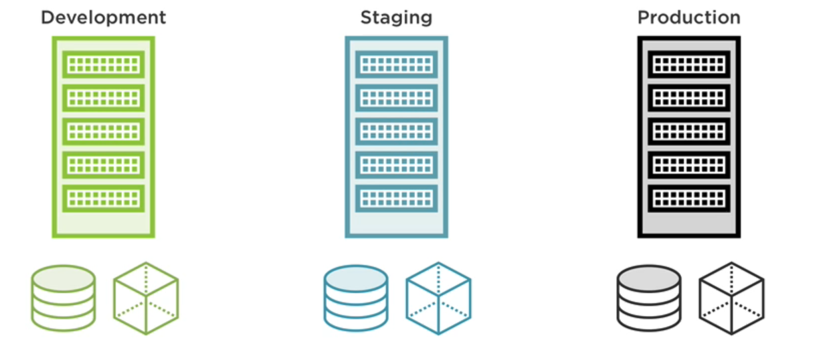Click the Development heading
click(x=103, y=17)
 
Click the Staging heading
click(x=396, y=17)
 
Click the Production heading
click(x=688, y=17)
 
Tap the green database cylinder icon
click(x=63, y=298)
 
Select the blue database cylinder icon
click(x=356, y=298)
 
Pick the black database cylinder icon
click(x=648, y=298)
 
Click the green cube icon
click(x=146, y=298)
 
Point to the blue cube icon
click(x=438, y=298)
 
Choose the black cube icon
click(x=731, y=298)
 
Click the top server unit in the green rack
click(x=104, y=64)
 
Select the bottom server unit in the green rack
click(x=104, y=199)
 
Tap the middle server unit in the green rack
click(x=104, y=131)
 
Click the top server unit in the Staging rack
click(x=396, y=64)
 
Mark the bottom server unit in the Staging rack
click(x=396, y=199)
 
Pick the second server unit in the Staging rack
click(x=396, y=98)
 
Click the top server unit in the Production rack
click(x=688, y=64)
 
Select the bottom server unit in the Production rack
click(x=688, y=199)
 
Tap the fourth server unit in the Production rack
click(x=688, y=165)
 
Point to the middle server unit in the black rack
click(x=688, y=131)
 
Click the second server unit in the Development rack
click(x=104, y=98)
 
